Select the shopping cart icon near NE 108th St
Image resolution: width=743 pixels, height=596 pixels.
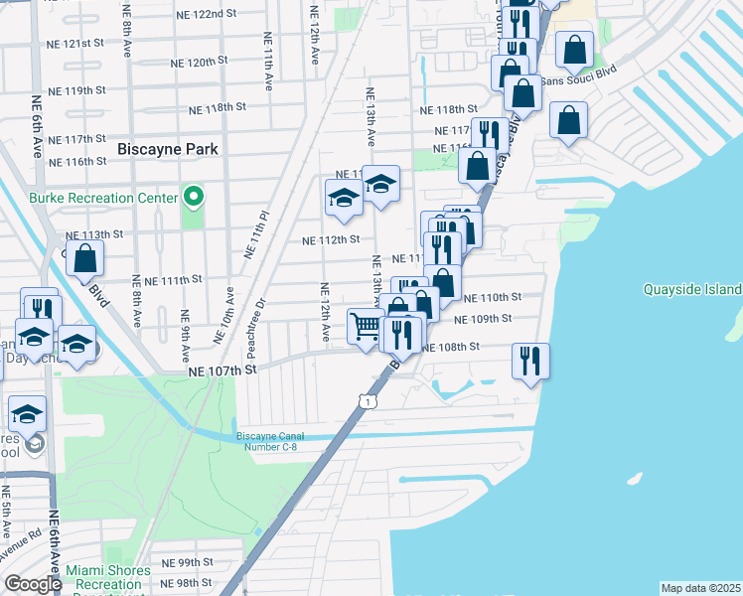tap(366, 325)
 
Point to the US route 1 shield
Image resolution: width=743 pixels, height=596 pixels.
tap(368, 400)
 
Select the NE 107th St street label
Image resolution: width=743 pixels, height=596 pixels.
tap(223, 370)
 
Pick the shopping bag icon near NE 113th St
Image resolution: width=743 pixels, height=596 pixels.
tap(87, 258)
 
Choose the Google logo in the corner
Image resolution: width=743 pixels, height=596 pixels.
tap(33, 584)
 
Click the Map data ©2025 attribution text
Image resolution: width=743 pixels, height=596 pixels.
tap(699, 588)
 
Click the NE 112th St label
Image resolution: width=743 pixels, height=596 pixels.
tap(330, 239)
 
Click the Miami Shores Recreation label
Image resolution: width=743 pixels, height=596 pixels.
tap(108, 578)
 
